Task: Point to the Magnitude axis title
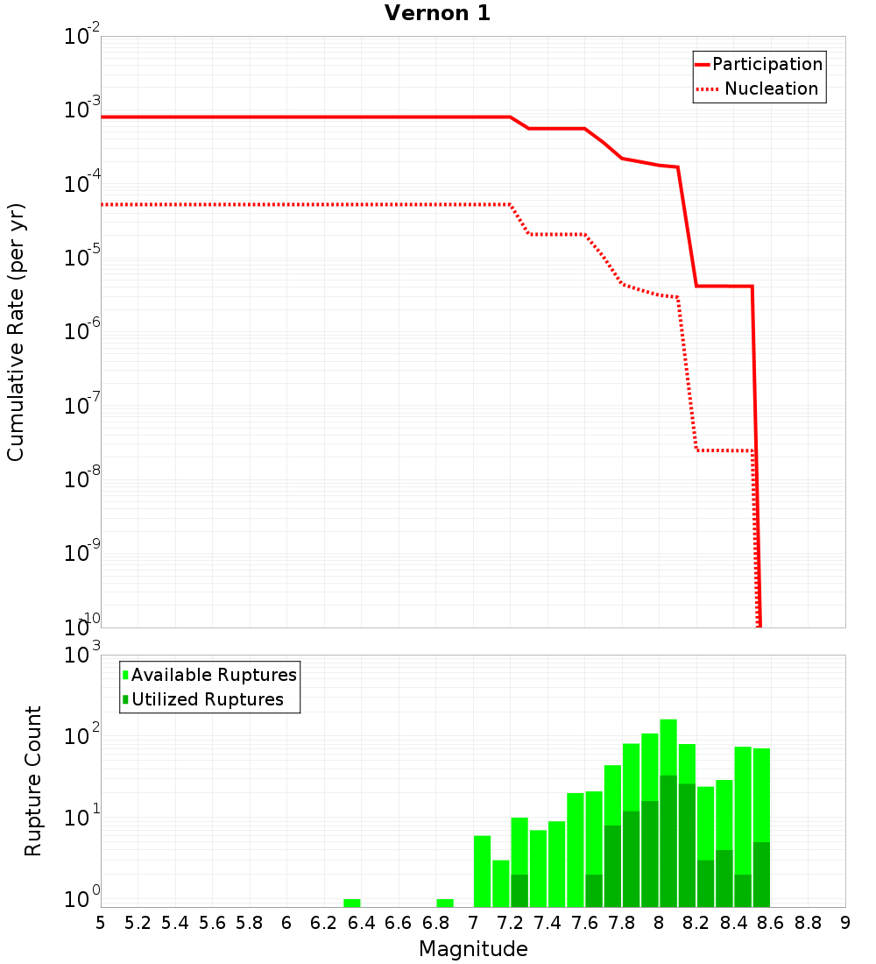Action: click(x=473, y=949)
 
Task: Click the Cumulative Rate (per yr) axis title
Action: click(x=17, y=332)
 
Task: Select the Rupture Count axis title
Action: click(x=33, y=780)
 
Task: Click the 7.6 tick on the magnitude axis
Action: click(x=585, y=923)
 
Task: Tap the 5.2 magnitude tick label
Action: click(x=138, y=923)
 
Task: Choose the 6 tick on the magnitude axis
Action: click(x=286, y=923)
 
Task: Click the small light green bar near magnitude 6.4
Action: click(x=352, y=903)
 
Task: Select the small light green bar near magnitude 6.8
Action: click(x=445, y=903)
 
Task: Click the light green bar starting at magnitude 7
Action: click(x=482, y=871)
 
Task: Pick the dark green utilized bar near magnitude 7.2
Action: click(x=519, y=890)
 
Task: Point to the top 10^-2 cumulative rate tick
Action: click(x=83, y=37)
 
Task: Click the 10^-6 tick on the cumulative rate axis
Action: click(x=83, y=331)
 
